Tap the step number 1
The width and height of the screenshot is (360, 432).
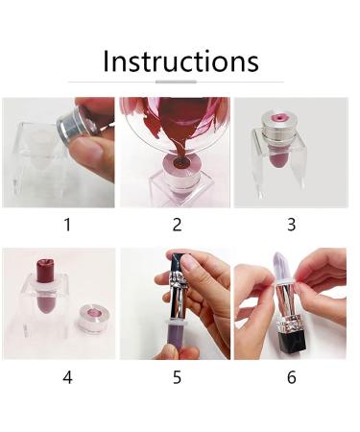coord(67,225)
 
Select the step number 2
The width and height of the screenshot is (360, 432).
coord(177,225)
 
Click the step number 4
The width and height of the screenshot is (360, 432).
coord(67,376)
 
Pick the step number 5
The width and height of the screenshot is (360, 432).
coord(177,376)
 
